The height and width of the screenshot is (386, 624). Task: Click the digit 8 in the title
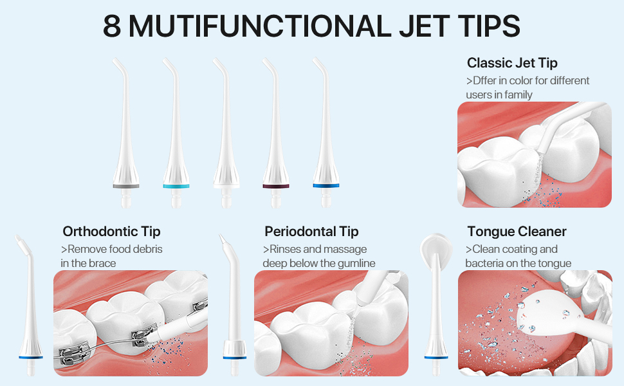click(113, 26)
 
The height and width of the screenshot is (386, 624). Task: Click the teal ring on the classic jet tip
click(176, 185)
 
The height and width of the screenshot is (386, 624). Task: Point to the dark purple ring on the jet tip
click(275, 185)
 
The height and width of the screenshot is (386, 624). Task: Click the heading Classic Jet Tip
click(512, 63)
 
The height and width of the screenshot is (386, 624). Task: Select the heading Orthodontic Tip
click(111, 232)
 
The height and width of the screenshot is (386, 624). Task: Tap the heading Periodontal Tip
click(311, 232)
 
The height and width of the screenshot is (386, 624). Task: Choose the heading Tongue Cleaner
click(517, 232)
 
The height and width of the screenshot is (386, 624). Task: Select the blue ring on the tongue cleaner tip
click(434, 356)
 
